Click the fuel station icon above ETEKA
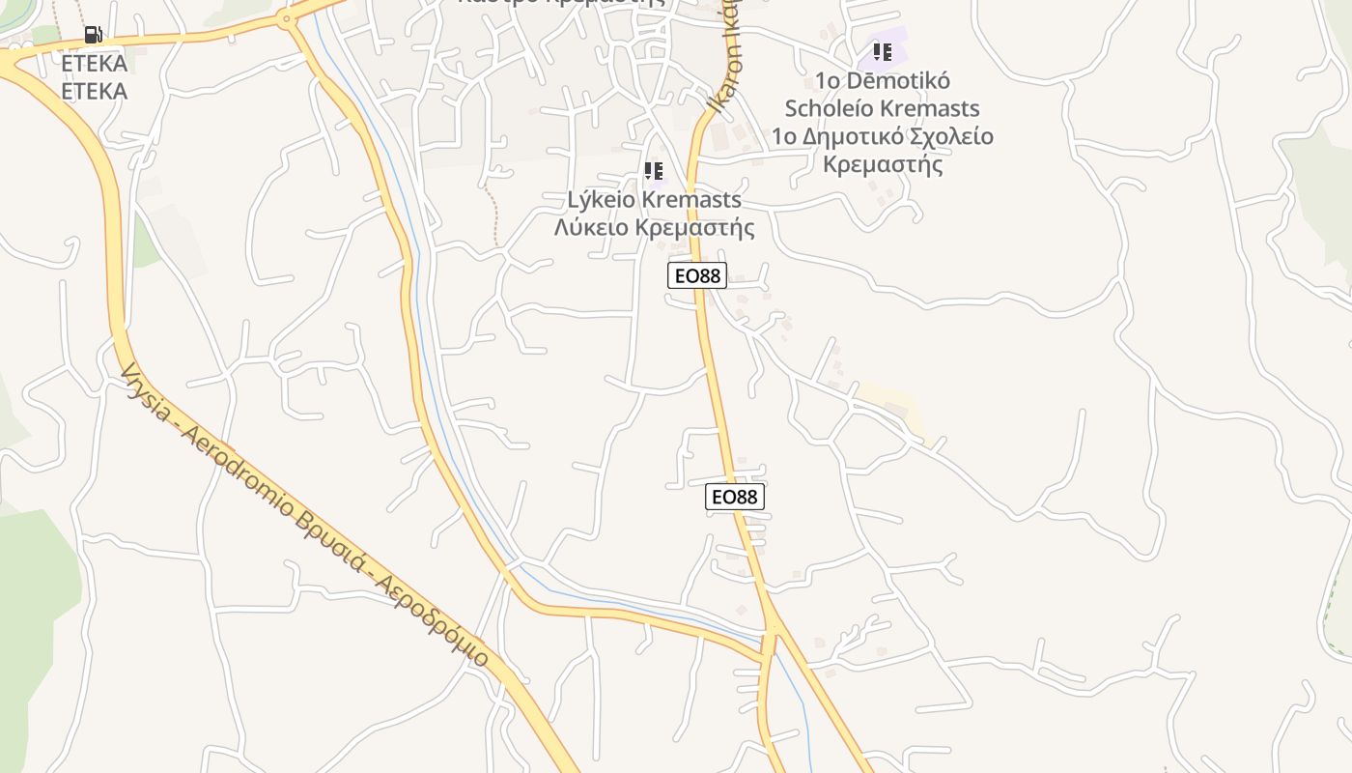93,35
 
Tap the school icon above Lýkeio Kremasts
654,171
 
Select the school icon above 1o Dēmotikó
882,51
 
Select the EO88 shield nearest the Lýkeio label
696,275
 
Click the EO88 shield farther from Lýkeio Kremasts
735,497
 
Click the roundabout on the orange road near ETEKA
286,18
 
